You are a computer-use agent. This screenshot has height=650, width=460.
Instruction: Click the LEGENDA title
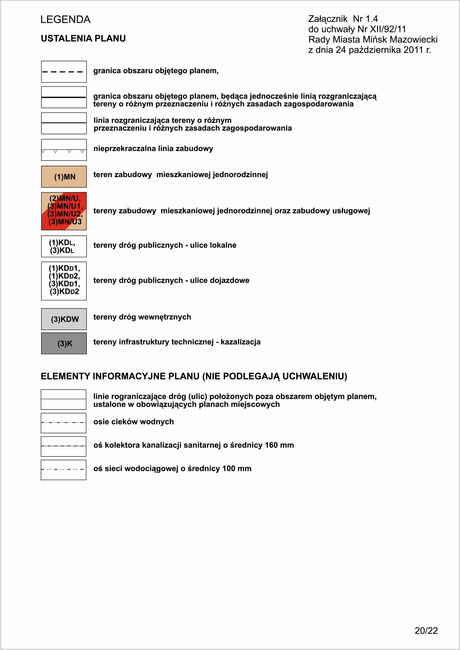[65, 20]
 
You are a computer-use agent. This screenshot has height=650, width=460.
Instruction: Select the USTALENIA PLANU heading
[83, 38]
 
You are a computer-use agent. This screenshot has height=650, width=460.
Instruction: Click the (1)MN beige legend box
[64, 177]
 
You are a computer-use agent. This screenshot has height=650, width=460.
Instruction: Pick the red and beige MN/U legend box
[64, 211]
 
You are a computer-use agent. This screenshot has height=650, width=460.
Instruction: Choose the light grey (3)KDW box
[64, 319]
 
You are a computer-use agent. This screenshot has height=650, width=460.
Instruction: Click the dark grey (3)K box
[64, 343]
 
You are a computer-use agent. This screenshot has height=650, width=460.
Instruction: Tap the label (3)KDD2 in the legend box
[65, 292]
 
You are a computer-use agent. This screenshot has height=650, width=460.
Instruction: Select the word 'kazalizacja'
[240, 342]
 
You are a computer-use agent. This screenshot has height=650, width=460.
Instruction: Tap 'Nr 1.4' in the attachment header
[365, 19]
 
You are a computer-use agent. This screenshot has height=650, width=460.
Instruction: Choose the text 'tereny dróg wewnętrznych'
[142, 317]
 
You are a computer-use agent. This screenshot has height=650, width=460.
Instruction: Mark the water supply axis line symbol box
[63, 470]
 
